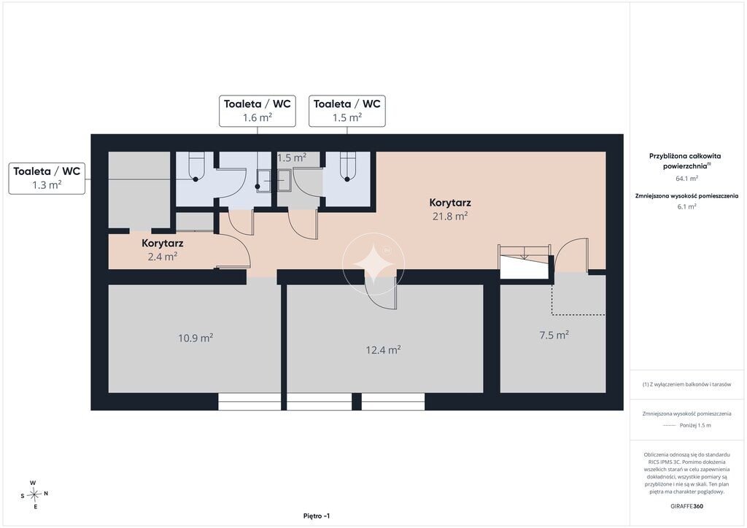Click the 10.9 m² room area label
point(196,338)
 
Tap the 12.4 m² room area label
point(383,350)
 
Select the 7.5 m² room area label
point(554,335)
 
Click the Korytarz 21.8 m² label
point(449,209)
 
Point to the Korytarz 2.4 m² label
point(163,250)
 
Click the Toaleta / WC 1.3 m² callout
point(47,178)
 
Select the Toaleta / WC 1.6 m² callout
point(258,111)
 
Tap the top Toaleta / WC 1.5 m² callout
point(347,111)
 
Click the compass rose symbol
point(34,495)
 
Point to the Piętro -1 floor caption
point(317,516)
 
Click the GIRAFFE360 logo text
point(686,506)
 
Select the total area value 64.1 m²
point(686,179)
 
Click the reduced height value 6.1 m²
point(686,206)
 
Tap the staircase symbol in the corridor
point(524,261)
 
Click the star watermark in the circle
point(373,264)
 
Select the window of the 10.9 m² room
point(249,401)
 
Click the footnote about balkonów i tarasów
point(686,384)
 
